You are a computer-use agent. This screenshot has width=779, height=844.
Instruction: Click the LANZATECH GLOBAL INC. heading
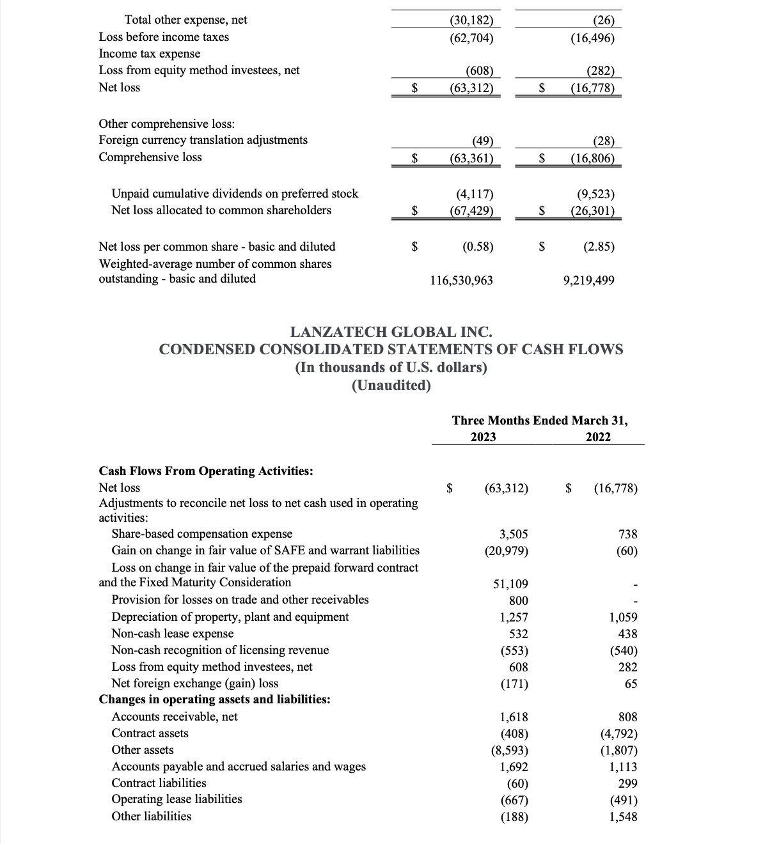391,332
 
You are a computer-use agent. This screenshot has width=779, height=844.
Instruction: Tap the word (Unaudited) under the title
391,386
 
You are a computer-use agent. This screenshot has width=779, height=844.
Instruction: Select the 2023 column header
483,437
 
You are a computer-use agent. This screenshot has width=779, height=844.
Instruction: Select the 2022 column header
598,437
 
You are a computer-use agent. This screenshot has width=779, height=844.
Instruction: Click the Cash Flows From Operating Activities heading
206,471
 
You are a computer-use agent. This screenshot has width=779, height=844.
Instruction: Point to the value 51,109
510,584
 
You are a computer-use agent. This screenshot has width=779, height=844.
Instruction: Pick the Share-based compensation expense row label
201,534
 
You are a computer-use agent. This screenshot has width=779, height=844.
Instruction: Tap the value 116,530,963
460,280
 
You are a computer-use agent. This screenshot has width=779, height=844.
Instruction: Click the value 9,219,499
588,280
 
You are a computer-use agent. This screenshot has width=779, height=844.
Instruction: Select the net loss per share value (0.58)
478,247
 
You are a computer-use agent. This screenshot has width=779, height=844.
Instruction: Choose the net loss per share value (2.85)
599,247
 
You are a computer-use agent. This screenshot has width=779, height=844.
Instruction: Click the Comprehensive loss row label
150,157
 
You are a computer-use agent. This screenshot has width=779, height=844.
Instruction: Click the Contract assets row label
150,733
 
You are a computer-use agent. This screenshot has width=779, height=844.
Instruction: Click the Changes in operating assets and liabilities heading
214,699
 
